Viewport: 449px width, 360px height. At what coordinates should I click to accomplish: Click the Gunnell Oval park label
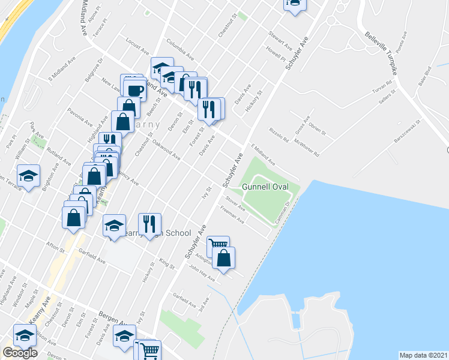pyautogui.click(x=266, y=187)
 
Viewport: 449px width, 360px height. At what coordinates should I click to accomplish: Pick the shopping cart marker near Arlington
pyautogui.click(x=218, y=246)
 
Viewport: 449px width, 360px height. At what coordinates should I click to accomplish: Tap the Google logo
pyautogui.click(x=20, y=353)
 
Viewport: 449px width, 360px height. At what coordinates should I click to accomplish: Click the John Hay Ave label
pyautogui.click(x=202, y=271)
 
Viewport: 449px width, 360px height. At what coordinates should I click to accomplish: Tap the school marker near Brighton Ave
pyautogui.click(x=28, y=175)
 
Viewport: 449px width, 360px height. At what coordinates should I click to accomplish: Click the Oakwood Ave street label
pyautogui.click(x=166, y=150)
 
